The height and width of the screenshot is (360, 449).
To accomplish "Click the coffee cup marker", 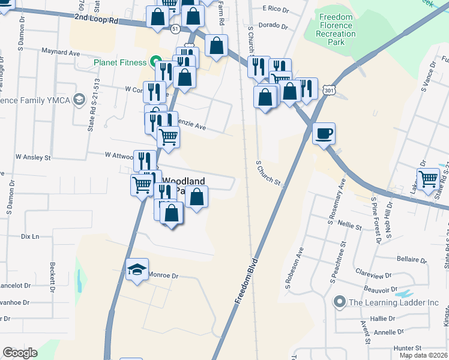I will coord(324,133).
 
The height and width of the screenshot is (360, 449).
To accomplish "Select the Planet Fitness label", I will coord(119,62).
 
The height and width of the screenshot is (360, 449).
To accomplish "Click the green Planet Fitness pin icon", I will coord(155,62).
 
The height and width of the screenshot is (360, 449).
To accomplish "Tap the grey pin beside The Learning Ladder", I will coord(340,302).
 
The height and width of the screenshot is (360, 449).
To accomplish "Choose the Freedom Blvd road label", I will coord(247,281).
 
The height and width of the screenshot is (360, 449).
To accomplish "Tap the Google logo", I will coord(20,353).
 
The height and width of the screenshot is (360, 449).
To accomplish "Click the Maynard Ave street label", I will coord(60,53).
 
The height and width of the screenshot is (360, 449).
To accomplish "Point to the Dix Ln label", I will coord(29,236).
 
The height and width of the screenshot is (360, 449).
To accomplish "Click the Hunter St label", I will coord(409,347).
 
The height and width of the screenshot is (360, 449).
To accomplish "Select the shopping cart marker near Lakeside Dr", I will coord(429,179).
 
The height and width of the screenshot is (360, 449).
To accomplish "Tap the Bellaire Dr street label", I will coord(411,261).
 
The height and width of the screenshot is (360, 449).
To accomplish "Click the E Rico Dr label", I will coord(276,8).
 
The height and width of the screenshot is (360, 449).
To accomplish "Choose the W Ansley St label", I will coord(34,157).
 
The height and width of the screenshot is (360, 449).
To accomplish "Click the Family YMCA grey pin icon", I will coord(79,101).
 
